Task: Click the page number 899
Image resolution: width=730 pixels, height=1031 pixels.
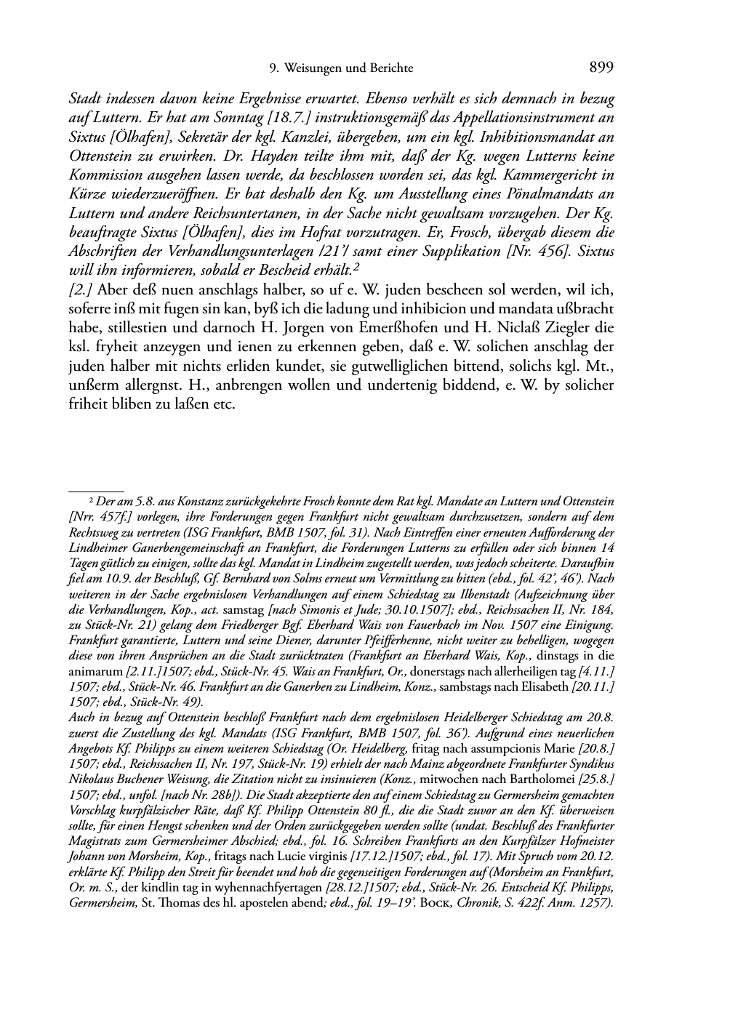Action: click(601, 68)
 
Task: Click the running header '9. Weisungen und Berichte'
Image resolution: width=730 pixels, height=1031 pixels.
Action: click(341, 68)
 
